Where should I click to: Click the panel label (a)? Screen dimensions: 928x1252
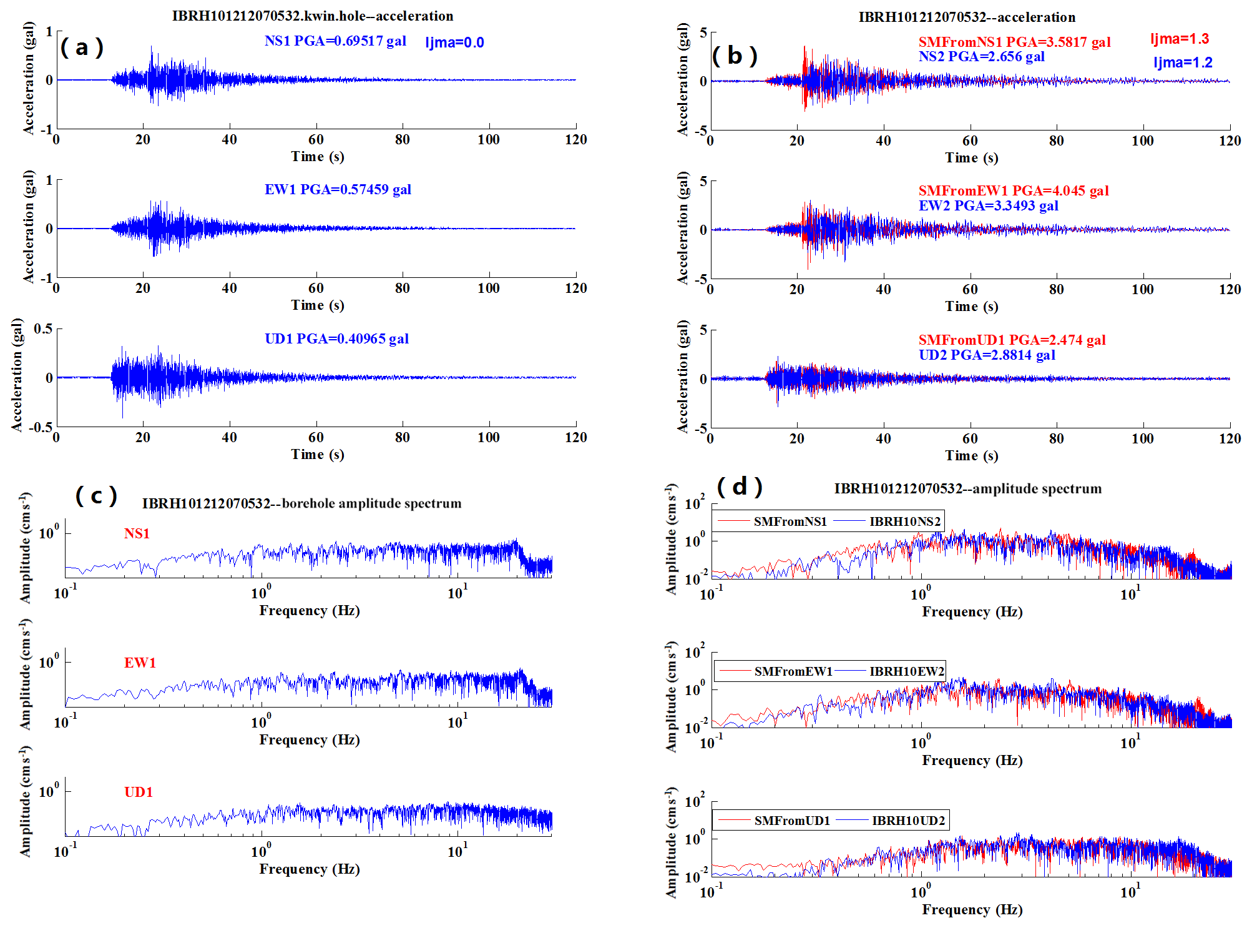pyautogui.click(x=82, y=47)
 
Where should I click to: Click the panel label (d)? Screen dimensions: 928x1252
pyautogui.click(x=740, y=486)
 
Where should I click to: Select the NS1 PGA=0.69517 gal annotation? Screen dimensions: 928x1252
pyautogui.click(x=335, y=41)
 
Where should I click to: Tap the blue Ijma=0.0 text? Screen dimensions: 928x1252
pyautogui.click(x=454, y=42)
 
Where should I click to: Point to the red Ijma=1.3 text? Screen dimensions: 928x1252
pyautogui.click(x=1180, y=39)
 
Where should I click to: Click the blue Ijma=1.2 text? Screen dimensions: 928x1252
pyautogui.click(x=1183, y=62)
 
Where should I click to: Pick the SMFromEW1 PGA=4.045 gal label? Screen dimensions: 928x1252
pyautogui.click(x=1014, y=190)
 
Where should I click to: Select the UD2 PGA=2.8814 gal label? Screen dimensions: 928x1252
pyautogui.click(x=987, y=355)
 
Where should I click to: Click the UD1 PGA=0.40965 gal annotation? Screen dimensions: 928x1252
pyautogui.click(x=336, y=338)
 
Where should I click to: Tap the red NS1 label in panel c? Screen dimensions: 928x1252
pyautogui.click(x=137, y=533)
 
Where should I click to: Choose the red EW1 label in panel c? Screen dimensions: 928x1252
pyautogui.click(x=140, y=663)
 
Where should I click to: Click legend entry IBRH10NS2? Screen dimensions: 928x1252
pyautogui.click(x=904, y=521)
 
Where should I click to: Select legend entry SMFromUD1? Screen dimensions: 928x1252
pyautogui.click(x=792, y=821)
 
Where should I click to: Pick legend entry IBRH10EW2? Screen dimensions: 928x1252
pyautogui.click(x=906, y=671)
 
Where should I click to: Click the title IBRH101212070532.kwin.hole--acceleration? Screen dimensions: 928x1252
pyautogui.click(x=313, y=16)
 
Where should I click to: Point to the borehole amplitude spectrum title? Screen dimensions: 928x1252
pyautogui.click(x=301, y=503)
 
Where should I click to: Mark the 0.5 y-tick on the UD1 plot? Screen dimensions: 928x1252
pyautogui.click(x=43, y=328)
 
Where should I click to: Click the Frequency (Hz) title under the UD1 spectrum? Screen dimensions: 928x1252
pyautogui.click(x=310, y=869)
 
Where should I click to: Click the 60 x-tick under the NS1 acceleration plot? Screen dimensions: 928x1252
pyautogui.click(x=316, y=139)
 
